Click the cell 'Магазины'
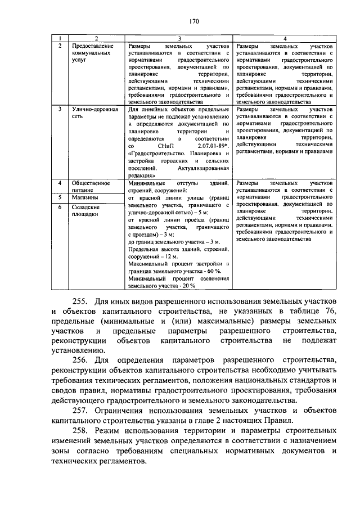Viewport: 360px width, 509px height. pos(85,198)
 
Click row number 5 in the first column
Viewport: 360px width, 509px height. pos(60,198)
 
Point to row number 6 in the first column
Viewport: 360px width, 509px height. pos(60,207)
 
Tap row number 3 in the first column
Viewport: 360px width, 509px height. pos(60,109)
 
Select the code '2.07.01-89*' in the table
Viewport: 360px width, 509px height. pos(214,145)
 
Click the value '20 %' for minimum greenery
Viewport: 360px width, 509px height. pos(187,286)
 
